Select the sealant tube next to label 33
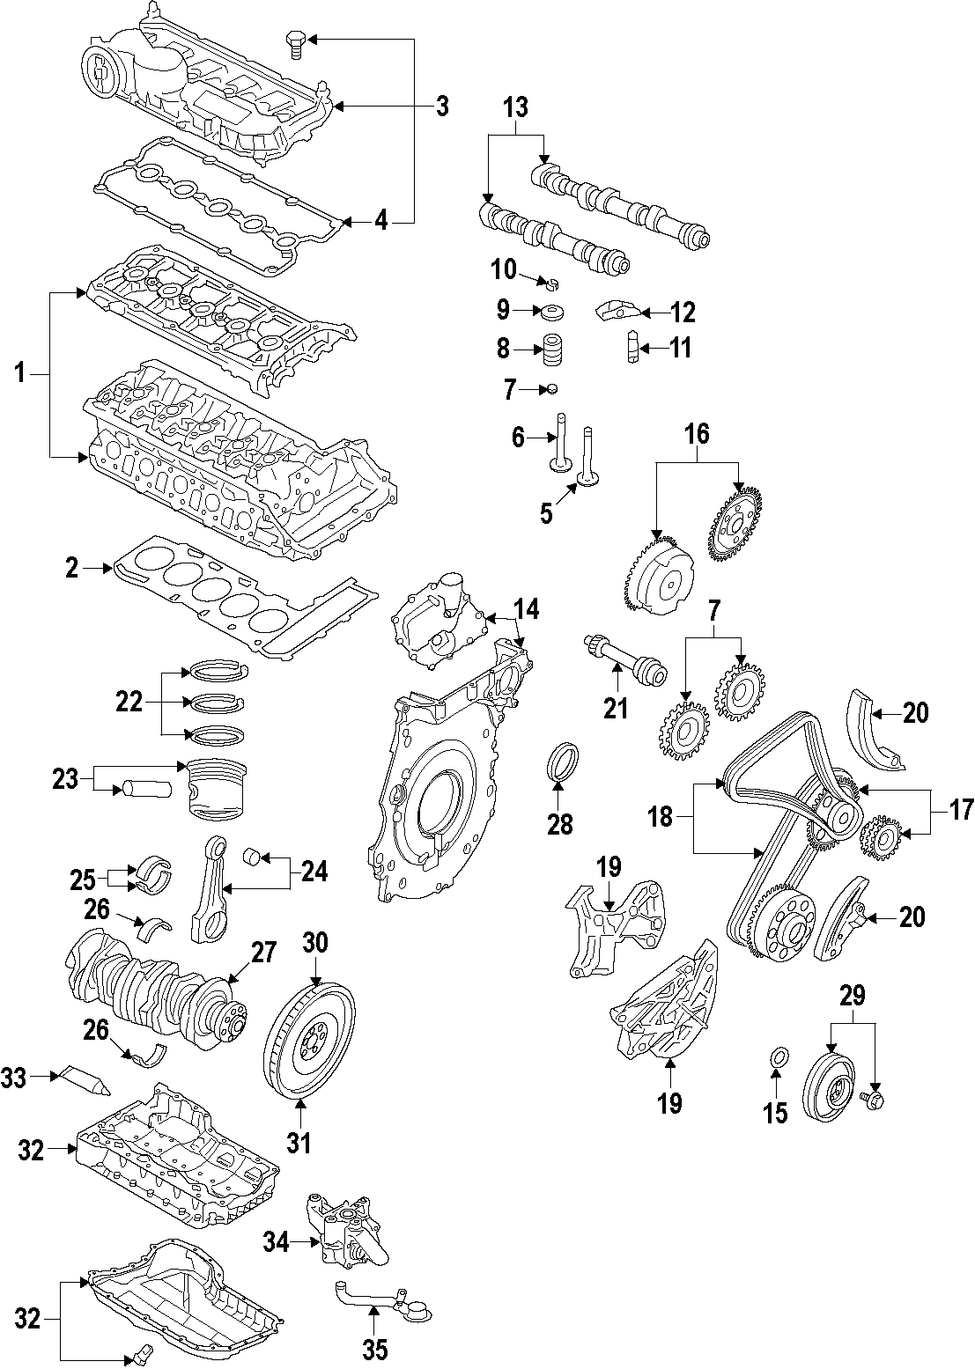pos(83,1080)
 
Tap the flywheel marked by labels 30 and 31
pos(309,1041)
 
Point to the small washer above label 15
pos(777,1057)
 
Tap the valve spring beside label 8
pos(552,350)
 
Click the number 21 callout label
pos(616,707)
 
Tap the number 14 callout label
pos(526,608)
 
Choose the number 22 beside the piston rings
pos(129,702)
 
